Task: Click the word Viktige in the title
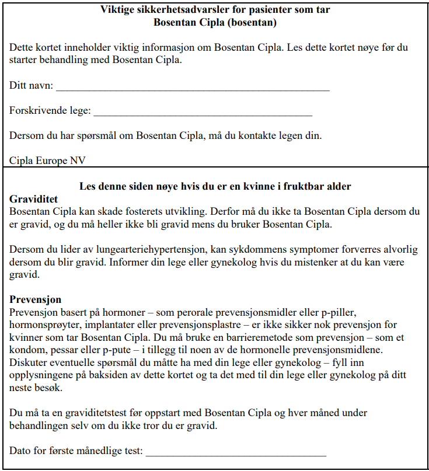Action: [117, 9]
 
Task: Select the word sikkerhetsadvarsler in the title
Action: [180, 9]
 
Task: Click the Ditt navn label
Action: [31, 86]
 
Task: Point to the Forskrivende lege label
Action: [50, 111]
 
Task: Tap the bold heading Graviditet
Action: [33, 199]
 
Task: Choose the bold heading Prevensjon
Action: [36, 300]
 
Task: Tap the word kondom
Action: [26, 350]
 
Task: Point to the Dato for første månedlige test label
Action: [76, 452]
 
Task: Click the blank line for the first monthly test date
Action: [235, 455]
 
